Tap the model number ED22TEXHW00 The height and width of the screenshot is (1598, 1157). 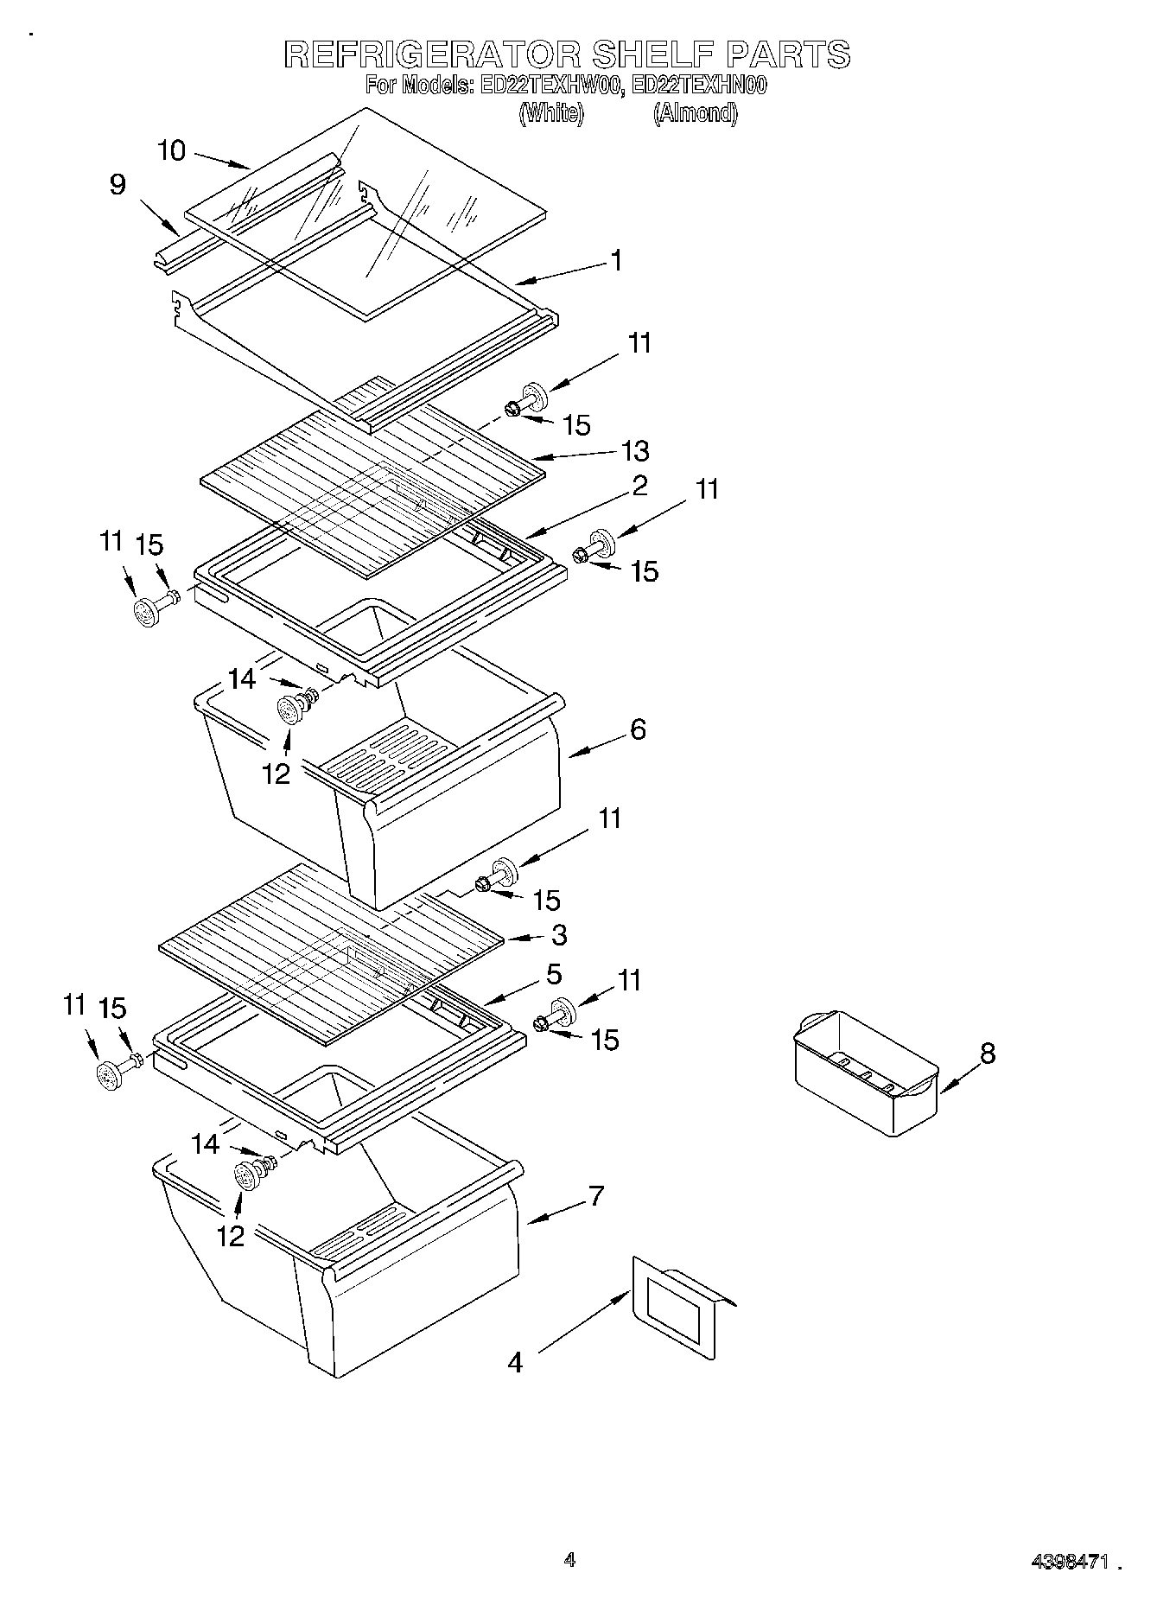549,86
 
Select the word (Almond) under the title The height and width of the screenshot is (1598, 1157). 695,113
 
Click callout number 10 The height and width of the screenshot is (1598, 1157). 172,150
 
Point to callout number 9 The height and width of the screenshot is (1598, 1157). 118,184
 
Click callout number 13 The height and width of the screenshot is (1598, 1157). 635,450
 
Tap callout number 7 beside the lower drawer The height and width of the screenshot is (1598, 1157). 596,1196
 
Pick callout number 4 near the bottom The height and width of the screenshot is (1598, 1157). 515,1362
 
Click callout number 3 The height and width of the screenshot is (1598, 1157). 559,934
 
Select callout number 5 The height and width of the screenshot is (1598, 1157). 554,974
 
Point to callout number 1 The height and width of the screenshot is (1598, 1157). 616,260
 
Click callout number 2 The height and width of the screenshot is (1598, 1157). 639,486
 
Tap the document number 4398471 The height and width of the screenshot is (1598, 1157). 1069,1561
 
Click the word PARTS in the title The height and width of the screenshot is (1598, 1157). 788,54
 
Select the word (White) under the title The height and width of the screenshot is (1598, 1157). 551,113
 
